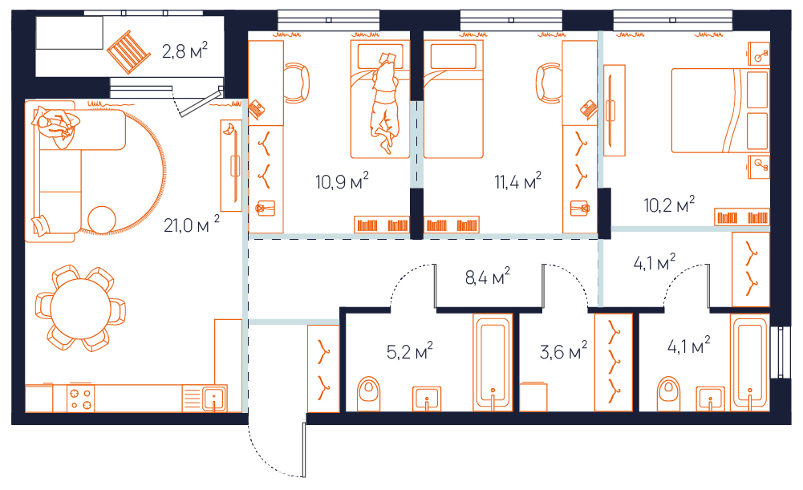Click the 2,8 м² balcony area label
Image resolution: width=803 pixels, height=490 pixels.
click(x=185, y=51)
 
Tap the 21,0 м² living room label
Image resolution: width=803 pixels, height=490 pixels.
click(x=192, y=225)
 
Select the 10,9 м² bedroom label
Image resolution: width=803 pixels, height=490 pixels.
click(x=342, y=181)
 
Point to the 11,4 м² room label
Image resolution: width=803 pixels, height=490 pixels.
click(x=517, y=181)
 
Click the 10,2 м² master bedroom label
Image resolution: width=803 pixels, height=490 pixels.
click(x=669, y=205)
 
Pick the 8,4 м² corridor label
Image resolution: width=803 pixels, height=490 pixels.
click(x=488, y=277)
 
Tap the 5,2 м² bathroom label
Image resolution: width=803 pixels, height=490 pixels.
click(x=410, y=351)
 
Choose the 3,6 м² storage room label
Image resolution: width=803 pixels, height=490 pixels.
click(x=563, y=351)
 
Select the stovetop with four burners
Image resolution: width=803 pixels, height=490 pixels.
click(x=80, y=399)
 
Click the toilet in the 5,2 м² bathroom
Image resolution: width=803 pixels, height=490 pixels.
click(x=369, y=394)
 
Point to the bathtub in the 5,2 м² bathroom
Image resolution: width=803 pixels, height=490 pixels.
click(x=493, y=362)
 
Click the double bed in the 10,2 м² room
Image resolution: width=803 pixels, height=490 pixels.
click(x=720, y=111)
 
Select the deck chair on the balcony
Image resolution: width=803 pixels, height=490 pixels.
click(x=128, y=52)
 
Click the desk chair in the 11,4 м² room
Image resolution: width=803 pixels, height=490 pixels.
click(x=549, y=83)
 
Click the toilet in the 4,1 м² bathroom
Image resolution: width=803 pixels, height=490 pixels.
click(x=669, y=394)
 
